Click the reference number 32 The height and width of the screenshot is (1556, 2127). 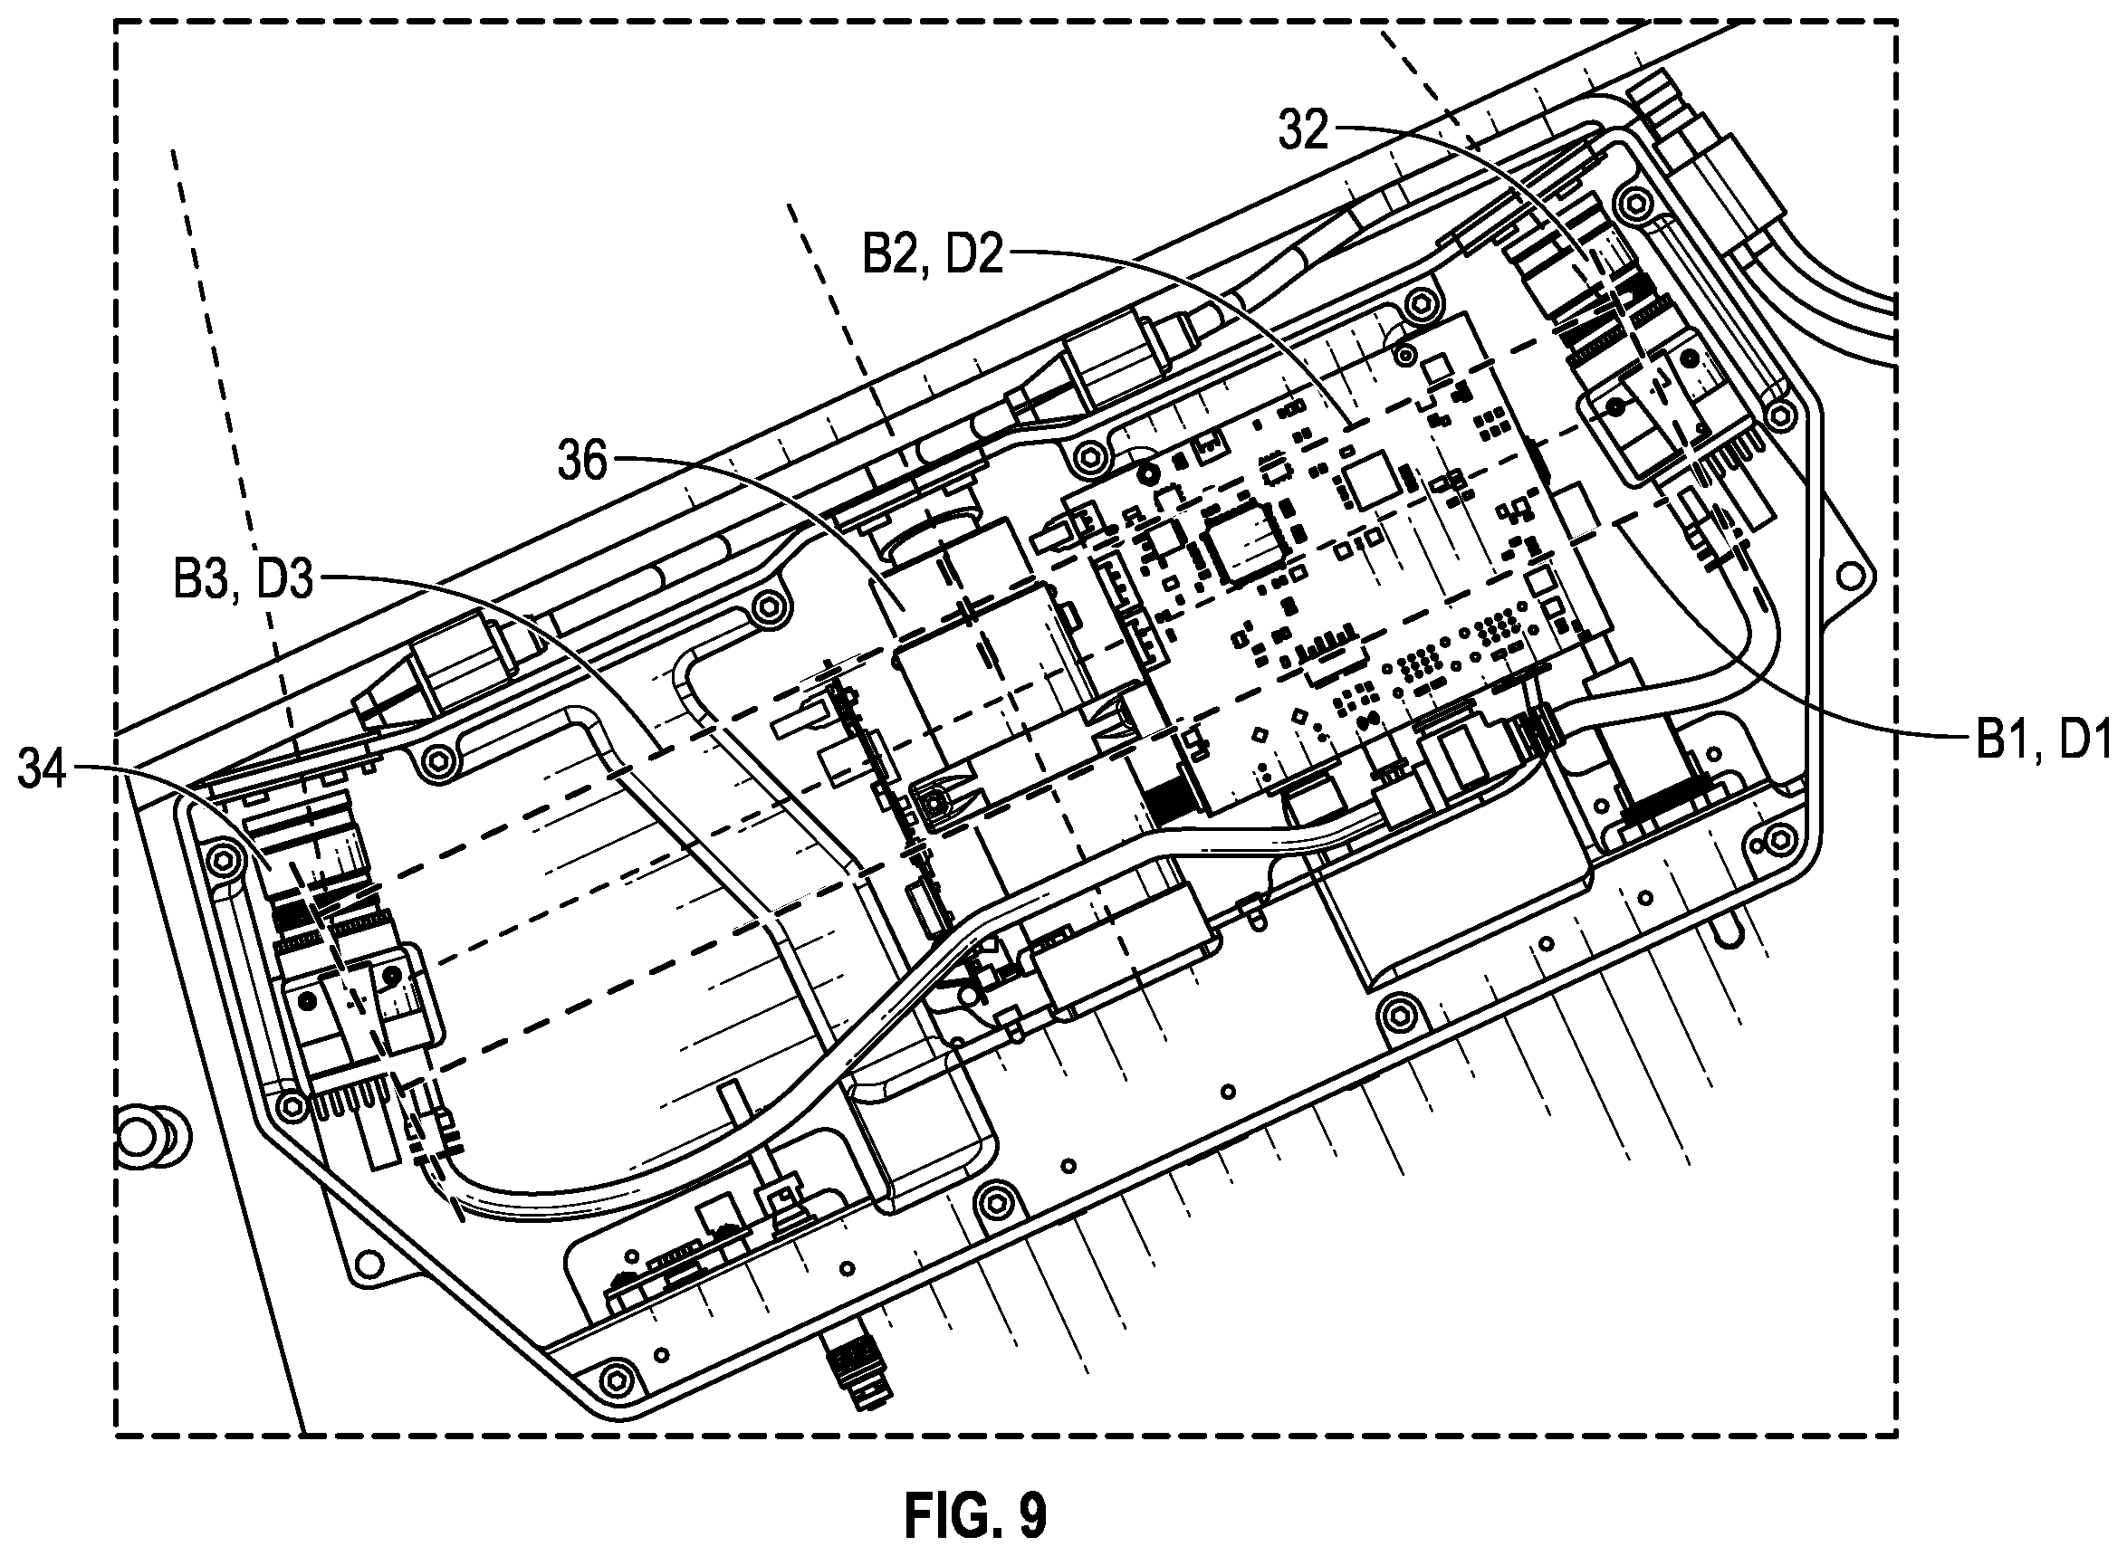(1303, 131)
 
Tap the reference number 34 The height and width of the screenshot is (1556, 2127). (43, 769)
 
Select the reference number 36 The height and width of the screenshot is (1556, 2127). (582, 461)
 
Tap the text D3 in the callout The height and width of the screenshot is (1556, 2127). (283, 580)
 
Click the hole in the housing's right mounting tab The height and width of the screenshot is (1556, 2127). (1852, 573)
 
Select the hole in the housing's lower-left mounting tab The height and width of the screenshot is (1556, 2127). (370, 1260)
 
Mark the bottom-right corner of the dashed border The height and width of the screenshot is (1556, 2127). (1895, 1437)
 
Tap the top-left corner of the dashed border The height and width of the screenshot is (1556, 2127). (115, 21)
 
